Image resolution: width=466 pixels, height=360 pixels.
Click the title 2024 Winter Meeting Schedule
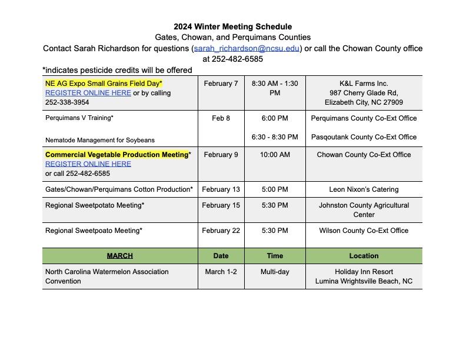click(x=232, y=26)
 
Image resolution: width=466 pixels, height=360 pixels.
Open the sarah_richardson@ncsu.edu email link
click(x=247, y=48)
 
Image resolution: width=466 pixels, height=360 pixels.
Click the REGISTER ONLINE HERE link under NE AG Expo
click(x=88, y=93)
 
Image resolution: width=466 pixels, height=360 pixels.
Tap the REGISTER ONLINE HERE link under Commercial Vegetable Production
click(x=88, y=164)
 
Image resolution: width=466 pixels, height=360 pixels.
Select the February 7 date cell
click(x=221, y=84)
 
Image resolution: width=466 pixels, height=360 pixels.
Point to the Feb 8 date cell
click(x=221, y=118)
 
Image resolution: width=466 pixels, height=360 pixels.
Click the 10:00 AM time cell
click(x=274, y=155)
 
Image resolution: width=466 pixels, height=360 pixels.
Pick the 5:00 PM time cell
click(x=274, y=189)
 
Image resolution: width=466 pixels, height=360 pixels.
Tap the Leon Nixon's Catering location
click(x=364, y=189)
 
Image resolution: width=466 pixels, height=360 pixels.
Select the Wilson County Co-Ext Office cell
click(x=364, y=231)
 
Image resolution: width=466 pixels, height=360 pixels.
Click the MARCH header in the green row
click(x=119, y=256)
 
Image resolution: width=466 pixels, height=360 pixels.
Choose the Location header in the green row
click(x=364, y=256)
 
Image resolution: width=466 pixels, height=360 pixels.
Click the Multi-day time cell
click(x=274, y=272)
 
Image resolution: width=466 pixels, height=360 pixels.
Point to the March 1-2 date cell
click(x=221, y=272)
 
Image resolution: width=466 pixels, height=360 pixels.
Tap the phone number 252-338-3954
click(x=67, y=102)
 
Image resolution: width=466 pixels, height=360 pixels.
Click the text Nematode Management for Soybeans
click(x=100, y=140)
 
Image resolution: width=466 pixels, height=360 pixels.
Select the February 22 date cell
click(x=221, y=231)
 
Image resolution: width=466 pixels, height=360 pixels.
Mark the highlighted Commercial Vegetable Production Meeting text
click(x=116, y=155)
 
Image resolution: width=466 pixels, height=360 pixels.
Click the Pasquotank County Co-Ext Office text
click(x=364, y=137)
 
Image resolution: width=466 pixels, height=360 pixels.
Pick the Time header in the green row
click(x=274, y=256)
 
